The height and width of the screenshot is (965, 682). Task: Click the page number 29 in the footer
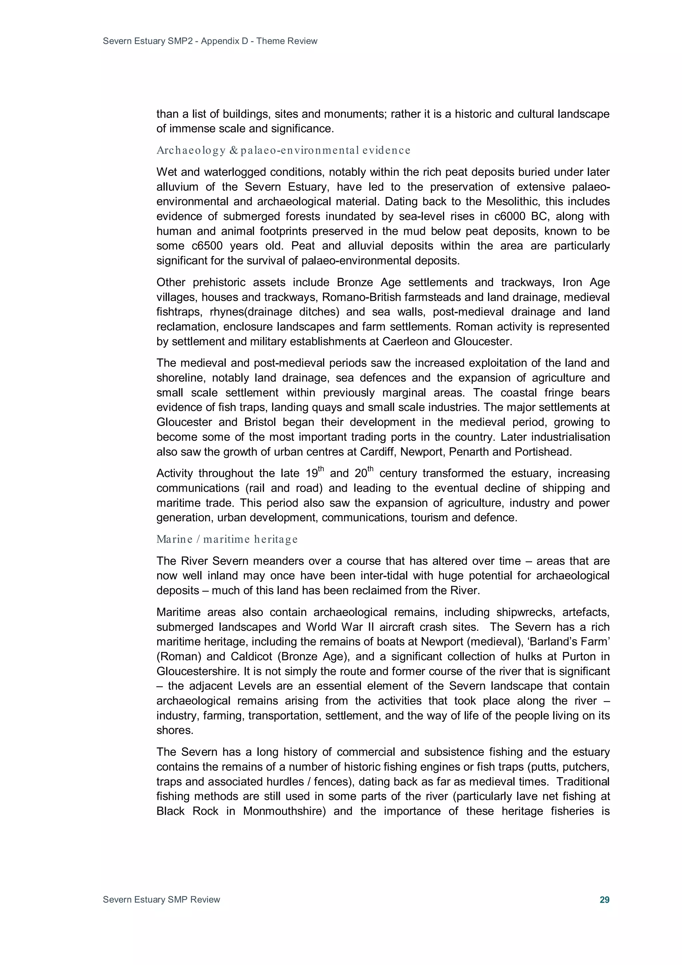coord(604,899)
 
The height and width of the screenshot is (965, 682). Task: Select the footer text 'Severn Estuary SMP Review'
coord(162,899)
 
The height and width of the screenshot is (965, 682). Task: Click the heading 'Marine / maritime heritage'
coord(227,539)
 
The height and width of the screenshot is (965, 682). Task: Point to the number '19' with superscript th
coord(311,474)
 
